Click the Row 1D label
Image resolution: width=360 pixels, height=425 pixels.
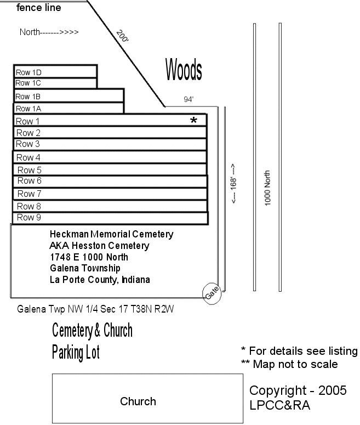pyautogui.click(x=29, y=72)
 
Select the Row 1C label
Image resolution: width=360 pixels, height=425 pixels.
pyautogui.click(x=28, y=83)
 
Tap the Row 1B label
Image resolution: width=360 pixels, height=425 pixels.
pyautogui.click(x=28, y=97)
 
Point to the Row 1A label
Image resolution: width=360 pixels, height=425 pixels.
pyautogui.click(x=28, y=109)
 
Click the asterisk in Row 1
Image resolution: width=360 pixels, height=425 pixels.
pyautogui.click(x=193, y=121)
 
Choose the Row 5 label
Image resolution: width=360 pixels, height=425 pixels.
pyautogui.click(x=29, y=170)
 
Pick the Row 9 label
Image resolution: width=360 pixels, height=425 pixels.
pyautogui.click(x=29, y=217)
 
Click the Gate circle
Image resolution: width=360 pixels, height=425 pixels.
pyautogui.click(x=212, y=293)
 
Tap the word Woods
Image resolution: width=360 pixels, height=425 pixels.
pyautogui.click(x=184, y=70)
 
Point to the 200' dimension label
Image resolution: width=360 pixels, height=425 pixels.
pyautogui.click(x=122, y=36)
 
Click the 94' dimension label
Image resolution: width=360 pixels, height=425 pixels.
pyautogui.click(x=189, y=100)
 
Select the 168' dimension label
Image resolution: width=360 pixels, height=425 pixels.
pyautogui.click(x=234, y=184)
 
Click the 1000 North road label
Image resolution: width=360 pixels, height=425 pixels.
pyautogui.click(x=268, y=188)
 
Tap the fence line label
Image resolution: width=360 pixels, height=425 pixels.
pyautogui.click(x=39, y=8)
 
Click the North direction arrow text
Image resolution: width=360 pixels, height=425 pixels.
pyautogui.click(x=49, y=32)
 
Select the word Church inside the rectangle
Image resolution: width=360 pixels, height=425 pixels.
pyautogui.click(x=138, y=401)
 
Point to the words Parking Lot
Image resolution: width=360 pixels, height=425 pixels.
pyautogui.click(x=76, y=352)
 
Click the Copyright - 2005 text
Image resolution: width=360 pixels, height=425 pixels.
pyautogui.click(x=298, y=390)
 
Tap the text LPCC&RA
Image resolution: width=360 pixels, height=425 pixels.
pyautogui.click(x=279, y=405)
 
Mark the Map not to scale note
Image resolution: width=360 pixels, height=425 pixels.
pyautogui.click(x=289, y=364)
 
